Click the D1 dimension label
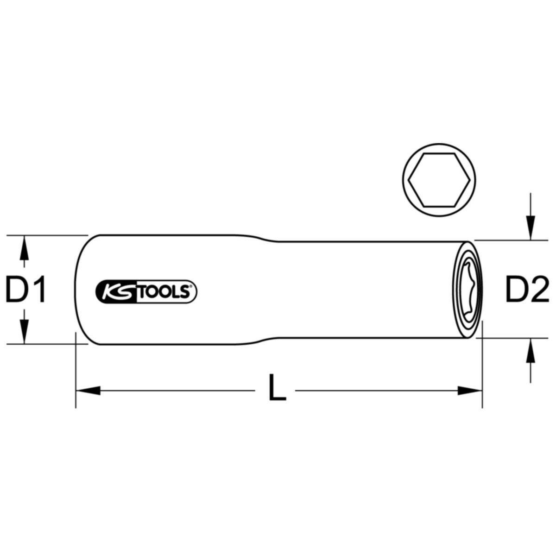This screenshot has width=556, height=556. click(x=26, y=289)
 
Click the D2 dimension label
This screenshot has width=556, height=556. click(x=527, y=289)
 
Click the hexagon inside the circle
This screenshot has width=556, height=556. click(x=439, y=180)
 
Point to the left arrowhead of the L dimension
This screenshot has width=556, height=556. click(x=88, y=391)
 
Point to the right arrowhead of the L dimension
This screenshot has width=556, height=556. click(x=470, y=391)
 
